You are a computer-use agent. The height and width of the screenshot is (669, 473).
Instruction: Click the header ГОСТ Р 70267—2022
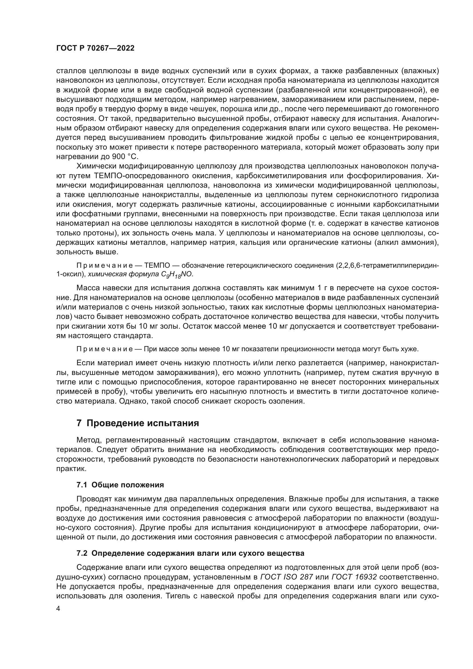click(95, 48)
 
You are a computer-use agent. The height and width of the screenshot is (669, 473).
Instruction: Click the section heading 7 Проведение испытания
click(138, 423)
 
